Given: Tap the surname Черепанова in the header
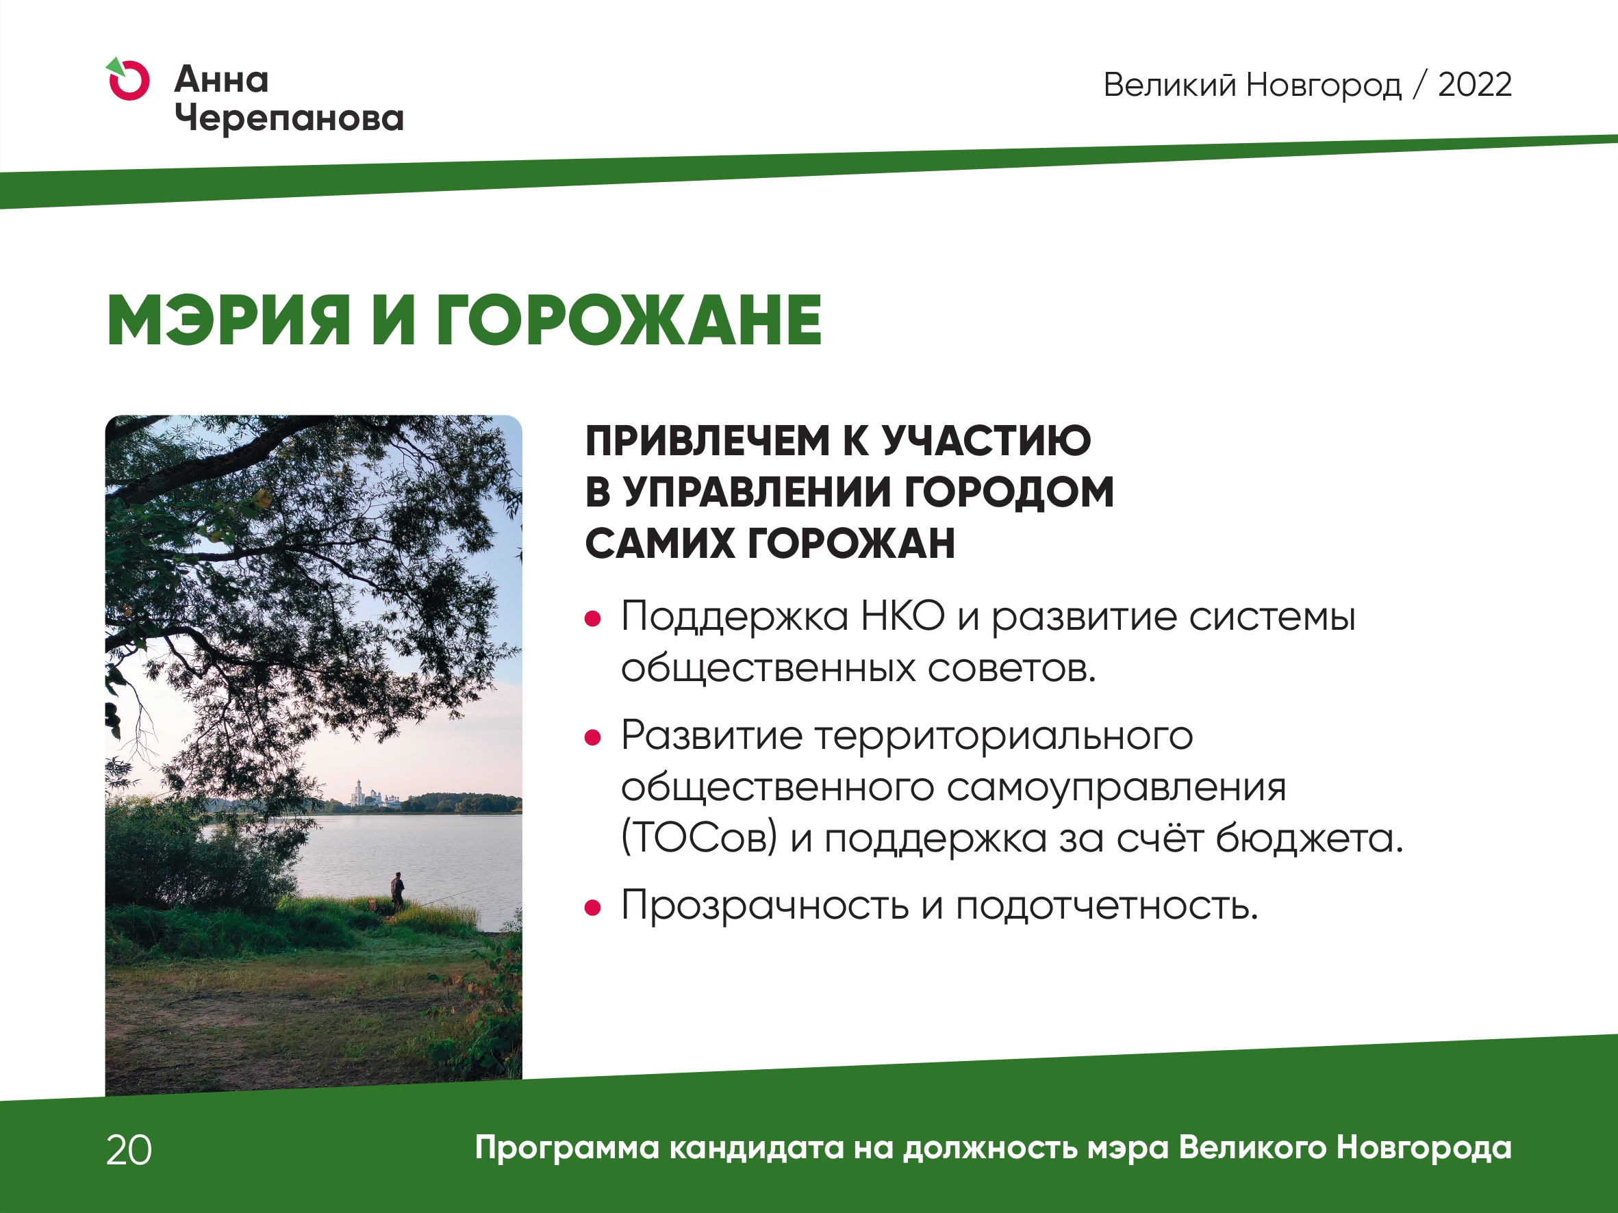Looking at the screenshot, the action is tap(290, 118).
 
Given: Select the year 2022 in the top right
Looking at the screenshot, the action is tap(1475, 85).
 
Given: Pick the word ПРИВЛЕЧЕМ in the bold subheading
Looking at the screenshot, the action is tap(707, 441).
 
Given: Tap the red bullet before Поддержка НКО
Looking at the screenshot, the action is tap(592, 620).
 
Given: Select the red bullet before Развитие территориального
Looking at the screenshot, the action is tap(592, 738).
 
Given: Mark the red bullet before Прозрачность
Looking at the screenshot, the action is tap(592, 908).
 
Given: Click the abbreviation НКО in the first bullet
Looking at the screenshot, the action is tap(902, 616).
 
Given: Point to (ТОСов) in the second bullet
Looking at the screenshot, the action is tap(699, 838).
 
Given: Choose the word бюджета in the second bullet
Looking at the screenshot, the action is tap(1309, 838).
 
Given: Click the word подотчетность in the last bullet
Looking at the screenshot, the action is tap(1107, 906).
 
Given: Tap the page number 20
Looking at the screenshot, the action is tap(129, 1150).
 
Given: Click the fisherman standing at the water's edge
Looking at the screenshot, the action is tap(397, 891).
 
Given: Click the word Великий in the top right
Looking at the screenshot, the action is tap(1170, 85).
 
